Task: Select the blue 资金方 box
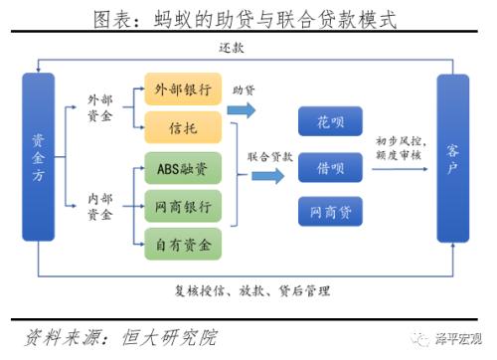point(38,156)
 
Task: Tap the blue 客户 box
point(452,156)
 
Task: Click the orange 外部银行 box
point(183,89)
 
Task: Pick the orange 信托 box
point(183,125)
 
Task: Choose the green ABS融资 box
point(183,170)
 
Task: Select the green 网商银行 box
point(183,207)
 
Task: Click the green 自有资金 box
point(183,243)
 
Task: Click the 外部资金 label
point(100,107)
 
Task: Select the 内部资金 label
point(100,206)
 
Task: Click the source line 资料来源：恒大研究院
point(119,337)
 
